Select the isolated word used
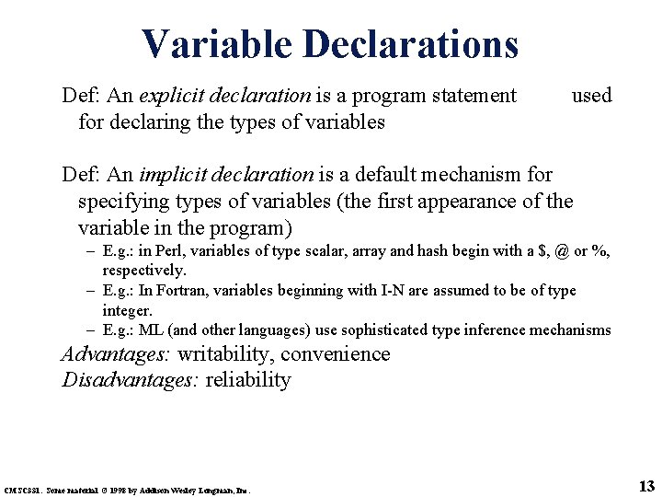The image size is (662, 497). click(591, 95)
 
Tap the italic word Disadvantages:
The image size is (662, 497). click(131, 380)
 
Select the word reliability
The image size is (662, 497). click(248, 380)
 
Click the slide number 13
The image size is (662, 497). click(645, 485)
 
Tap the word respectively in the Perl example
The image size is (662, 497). click(143, 271)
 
